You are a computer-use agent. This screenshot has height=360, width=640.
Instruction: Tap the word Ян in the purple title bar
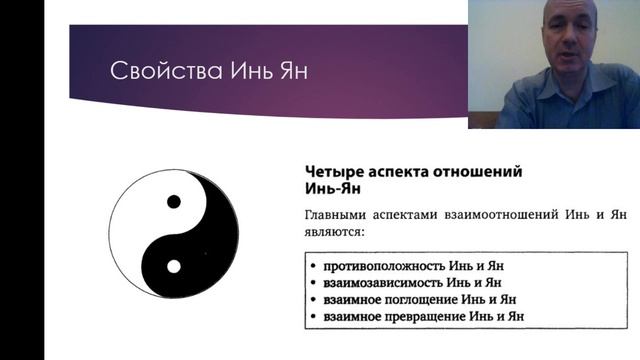(253, 72)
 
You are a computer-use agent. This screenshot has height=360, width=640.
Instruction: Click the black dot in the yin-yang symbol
(174, 202)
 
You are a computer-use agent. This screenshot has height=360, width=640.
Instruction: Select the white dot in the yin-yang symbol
(174, 267)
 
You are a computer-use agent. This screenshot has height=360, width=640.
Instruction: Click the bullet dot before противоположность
(314, 266)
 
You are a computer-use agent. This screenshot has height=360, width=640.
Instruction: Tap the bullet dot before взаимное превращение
(314, 317)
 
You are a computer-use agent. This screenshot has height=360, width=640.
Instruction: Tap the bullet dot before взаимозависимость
(314, 283)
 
